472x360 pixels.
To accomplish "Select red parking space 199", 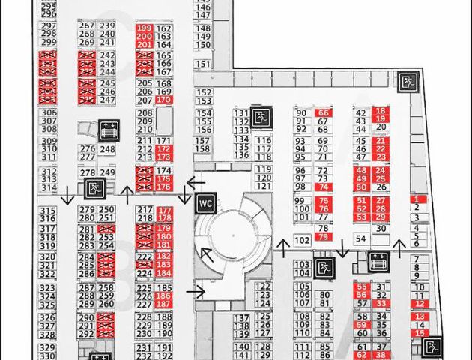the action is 144,28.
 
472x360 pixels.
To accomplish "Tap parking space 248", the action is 107,150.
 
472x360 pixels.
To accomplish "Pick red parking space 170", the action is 163,100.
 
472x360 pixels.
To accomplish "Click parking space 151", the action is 203,45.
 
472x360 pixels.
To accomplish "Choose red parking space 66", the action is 323,112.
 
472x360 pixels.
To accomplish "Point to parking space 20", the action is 381,127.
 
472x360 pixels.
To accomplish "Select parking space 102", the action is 302,240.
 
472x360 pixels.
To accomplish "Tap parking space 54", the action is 361,238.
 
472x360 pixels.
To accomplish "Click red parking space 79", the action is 323,237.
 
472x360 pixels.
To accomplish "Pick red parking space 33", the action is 381,304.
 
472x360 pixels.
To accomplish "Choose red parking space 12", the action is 420,304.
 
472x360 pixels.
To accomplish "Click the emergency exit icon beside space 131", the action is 261,117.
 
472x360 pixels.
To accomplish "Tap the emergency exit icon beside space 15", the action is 432,346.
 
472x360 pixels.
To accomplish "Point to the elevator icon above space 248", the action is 108,130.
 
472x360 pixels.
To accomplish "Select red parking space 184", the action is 163,274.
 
